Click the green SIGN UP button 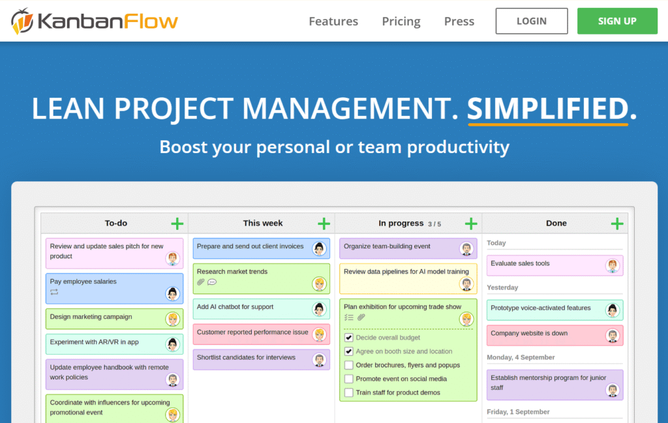pyautogui.click(x=616, y=21)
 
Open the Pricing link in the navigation pyautogui.click(x=401, y=22)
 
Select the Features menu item pyautogui.click(x=333, y=22)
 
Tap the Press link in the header pyautogui.click(x=459, y=22)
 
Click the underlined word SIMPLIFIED pyautogui.click(x=547, y=109)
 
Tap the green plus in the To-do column pyautogui.click(x=177, y=224)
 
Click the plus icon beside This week pyautogui.click(x=324, y=224)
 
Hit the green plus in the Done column pyautogui.click(x=617, y=224)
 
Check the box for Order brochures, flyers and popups pyautogui.click(x=349, y=365)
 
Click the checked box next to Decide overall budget pyautogui.click(x=349, y=338)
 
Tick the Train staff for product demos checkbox pyautogui.click(x=349, y=392)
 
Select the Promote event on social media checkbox pyautogui.click(x=349, y=379)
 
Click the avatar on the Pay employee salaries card pyautogui.click(x=172, y=294)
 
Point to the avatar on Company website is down pyautogui.click(x=612, y=336)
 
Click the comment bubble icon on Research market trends pyautogui.click(x=212, y=282)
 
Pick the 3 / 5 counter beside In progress pyautogui.click(x=434, y=224)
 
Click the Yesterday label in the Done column pyautogui.click(x=502, y=287)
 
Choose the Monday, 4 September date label pyautogui.click(x=521, y=357)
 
